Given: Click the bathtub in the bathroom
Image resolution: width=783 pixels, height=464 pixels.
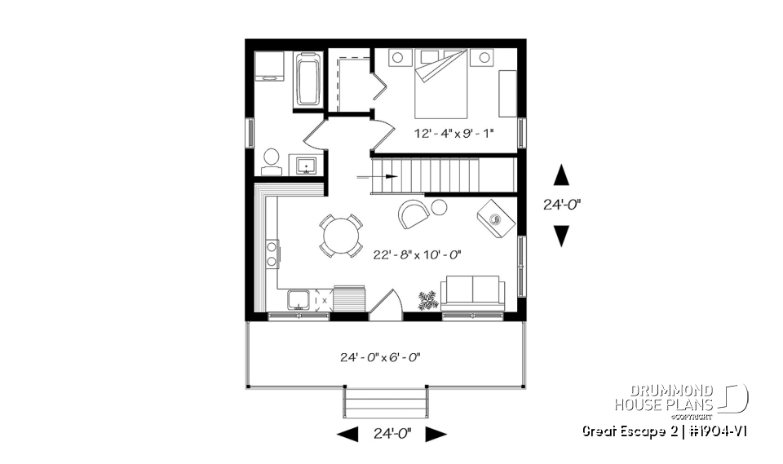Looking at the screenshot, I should pos(308,79).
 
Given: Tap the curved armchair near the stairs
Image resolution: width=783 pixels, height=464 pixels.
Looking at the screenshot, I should pos(413,214).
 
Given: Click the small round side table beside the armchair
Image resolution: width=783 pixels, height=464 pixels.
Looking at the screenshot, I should pos(440,207).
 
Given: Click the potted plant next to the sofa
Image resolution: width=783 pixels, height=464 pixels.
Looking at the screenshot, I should pos(427,300).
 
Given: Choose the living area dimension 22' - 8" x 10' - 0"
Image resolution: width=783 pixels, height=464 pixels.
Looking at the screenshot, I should pos(418,254).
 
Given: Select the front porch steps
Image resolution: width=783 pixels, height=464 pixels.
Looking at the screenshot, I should pos(386,401).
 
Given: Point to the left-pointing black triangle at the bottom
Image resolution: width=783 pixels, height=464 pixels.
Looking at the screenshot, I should pos(347,434).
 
